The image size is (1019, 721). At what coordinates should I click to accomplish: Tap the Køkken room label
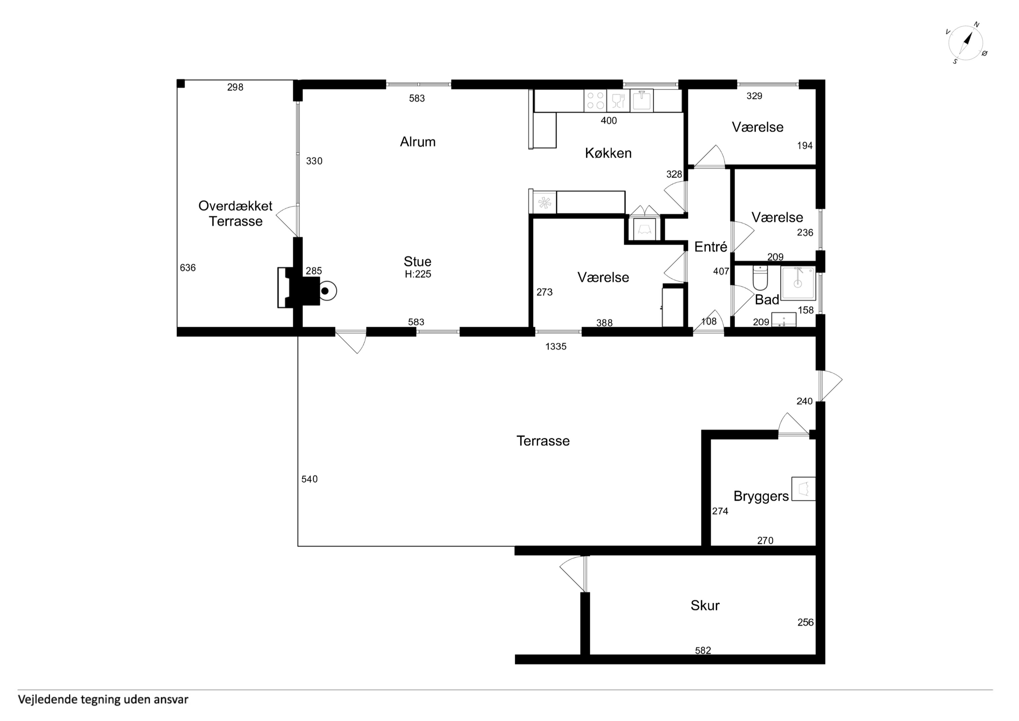[608, 153]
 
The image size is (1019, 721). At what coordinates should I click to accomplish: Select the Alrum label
[418, 142]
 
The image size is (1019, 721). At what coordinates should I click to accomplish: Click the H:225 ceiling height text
[418, 274]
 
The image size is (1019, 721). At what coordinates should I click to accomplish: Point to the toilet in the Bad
[760, 278]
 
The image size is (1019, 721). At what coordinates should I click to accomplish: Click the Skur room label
[705, 605]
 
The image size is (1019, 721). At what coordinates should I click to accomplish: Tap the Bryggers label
[761, 496]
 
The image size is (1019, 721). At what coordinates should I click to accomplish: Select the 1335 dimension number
[556, 346]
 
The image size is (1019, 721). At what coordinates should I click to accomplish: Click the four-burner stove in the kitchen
[595, 100]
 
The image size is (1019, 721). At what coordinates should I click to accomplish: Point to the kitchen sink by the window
[642, 100]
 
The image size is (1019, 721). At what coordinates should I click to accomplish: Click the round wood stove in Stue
[326, 291]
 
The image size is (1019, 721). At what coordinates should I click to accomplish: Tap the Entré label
[710, 247]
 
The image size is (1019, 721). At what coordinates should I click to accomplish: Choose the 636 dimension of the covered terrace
[188, 268]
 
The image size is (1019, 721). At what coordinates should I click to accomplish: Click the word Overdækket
[235, 206]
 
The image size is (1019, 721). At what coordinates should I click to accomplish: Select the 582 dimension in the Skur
[703, 650]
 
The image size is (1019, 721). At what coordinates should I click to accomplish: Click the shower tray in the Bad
[798, 283]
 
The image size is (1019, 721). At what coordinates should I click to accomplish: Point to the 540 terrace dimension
[309, 479]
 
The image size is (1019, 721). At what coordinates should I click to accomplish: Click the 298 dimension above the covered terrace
[235, 87]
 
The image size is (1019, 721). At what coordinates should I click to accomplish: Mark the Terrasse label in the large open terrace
[543, 441]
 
